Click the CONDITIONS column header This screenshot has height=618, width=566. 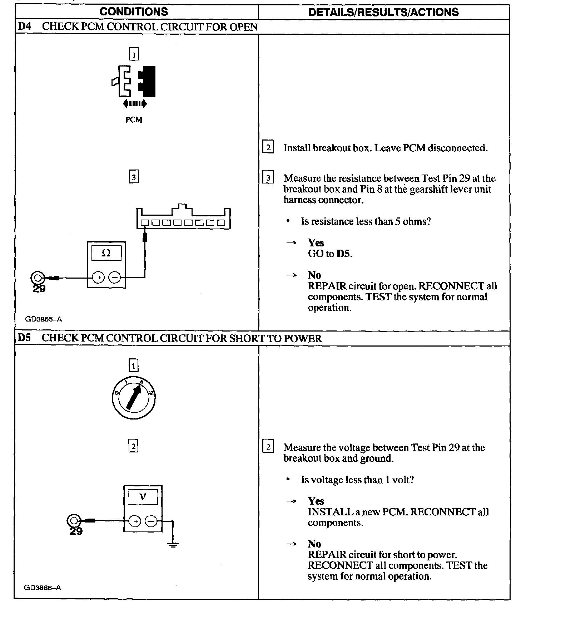click(x=134, y=12)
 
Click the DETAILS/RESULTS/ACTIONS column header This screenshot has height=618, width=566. click(x=383, y=12)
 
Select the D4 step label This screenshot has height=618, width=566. click(x=24, y=27)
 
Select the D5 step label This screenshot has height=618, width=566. click(x=24, y=338)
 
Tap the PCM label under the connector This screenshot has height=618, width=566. click(x=134, y=120)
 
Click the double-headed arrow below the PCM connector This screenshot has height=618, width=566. click(x=134, y=104)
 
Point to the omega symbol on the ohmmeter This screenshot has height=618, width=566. click(x=106, y=253)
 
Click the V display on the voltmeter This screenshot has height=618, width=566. click(x=143, y=497)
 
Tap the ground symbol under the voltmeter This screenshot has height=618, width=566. click(x=173, y=545)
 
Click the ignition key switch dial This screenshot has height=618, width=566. click(x=134, y=398)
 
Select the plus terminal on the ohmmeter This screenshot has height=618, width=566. click(x=99, y=278)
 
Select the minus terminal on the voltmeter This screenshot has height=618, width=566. click(x=151, y=522)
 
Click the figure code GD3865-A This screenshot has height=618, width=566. click(x=43, y=319)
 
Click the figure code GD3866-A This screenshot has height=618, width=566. click(x=43, y=588)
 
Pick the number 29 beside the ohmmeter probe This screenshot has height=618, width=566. click(x=39, y=289)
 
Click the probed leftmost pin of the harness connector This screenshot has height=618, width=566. click(x=144, y=223)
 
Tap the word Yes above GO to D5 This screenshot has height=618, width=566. click(x=316, y=243)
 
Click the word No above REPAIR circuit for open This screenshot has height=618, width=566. click(x=314, y=275)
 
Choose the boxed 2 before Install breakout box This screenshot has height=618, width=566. click(x=268, y=147)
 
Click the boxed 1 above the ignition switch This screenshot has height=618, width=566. click(x=133, y=366)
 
